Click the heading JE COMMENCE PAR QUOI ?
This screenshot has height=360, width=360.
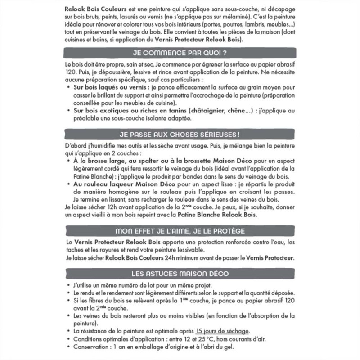[x=180, y=53]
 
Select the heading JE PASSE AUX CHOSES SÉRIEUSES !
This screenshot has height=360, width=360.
[x=180, y=134]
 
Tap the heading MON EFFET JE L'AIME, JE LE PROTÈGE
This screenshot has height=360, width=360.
[x=180, y=231]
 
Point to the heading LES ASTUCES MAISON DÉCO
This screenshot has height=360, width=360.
[x=180, y=273]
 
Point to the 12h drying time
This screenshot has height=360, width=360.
[x=107, y=207]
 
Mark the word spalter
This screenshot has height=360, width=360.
[x=155, y=161]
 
